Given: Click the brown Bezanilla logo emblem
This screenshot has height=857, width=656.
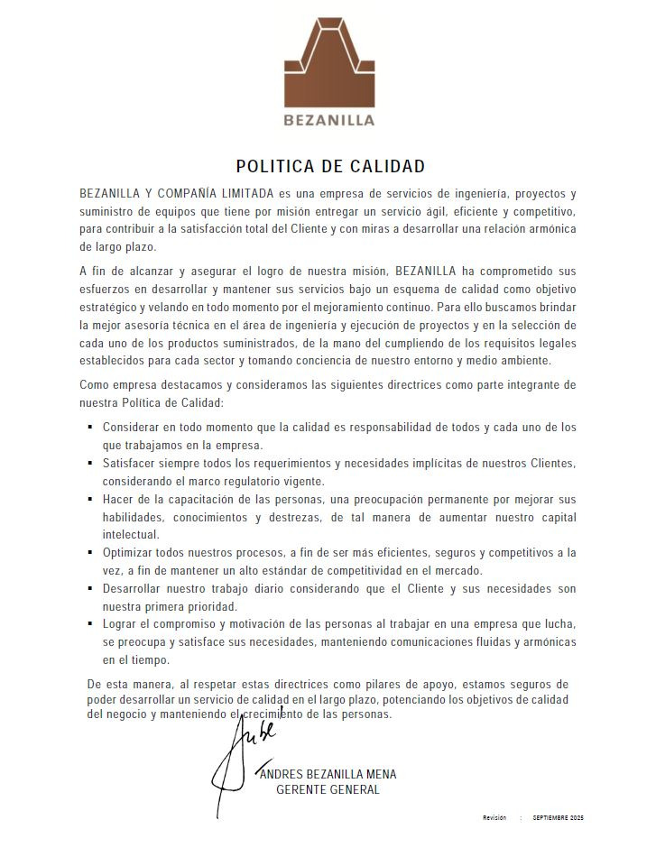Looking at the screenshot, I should click(328, 61).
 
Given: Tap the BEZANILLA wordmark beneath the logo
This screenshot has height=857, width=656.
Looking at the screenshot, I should click(328, 119).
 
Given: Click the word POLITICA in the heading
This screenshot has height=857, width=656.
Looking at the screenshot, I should click(273, 167).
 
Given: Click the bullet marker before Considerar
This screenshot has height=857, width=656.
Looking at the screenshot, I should click(90, 427).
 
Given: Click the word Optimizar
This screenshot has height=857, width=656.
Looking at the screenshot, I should click(130, 552).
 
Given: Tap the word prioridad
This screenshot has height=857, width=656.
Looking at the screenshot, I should click(209, 606).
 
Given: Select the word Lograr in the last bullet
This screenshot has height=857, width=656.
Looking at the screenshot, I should click(121, 623).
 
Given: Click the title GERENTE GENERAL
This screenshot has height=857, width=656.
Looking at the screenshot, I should click(328, 790).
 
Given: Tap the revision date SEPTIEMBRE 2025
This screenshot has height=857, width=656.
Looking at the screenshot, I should click(558, 817).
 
